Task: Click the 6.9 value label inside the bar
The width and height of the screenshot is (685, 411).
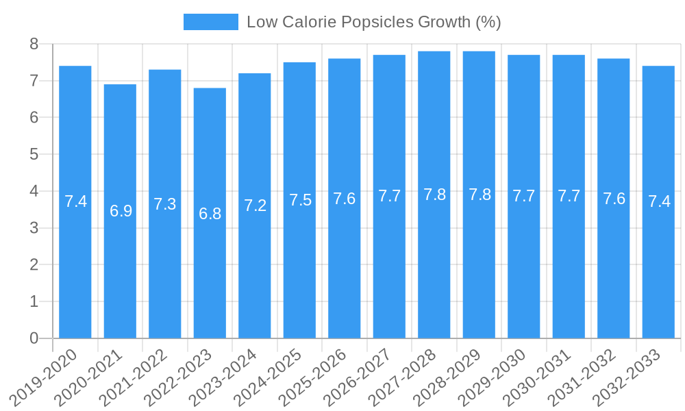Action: [x=121, y=211]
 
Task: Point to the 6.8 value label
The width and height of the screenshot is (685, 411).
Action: [x=210, y=214]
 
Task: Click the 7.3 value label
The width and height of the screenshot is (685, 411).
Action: [x=165, y=204]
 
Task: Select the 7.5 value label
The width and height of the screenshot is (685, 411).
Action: [x=300, y=200]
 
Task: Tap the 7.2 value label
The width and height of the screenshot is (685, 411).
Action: [x=255, y=206]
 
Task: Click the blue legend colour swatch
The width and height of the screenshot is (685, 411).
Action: [x=210, y=22]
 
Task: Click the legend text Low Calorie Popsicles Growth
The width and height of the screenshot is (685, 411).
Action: [x=374, y=22]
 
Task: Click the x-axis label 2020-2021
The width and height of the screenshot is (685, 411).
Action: [x=89, y=377]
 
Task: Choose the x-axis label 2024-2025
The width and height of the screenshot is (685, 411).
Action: [x=269, y=377]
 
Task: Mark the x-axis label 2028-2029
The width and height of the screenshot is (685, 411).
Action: [x=448, y=377]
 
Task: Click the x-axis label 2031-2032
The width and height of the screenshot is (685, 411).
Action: [x=582, y=377]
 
